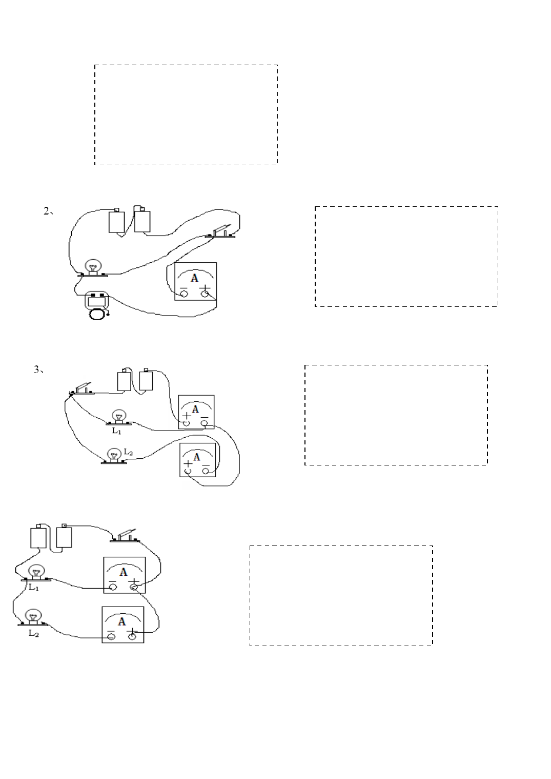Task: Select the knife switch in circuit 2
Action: (x=220, y=232)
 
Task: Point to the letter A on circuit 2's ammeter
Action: (x=195, y=278)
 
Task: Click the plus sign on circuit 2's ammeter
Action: (x=206, y=288)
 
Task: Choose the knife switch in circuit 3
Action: (x=81, y=389)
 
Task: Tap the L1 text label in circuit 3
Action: (x=116, y=431)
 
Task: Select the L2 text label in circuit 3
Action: (x=128, y=452)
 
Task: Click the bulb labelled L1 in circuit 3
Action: (x=119, y=417)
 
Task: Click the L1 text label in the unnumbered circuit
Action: (x=34, y=588)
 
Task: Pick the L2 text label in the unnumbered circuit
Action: (x=34, y=633)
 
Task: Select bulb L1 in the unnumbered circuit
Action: (x=36, y=573)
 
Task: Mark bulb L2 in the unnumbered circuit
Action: (x=33, y=617)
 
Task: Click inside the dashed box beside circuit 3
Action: (x=396, y=415)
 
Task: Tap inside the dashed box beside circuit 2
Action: (x=406, y=257)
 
